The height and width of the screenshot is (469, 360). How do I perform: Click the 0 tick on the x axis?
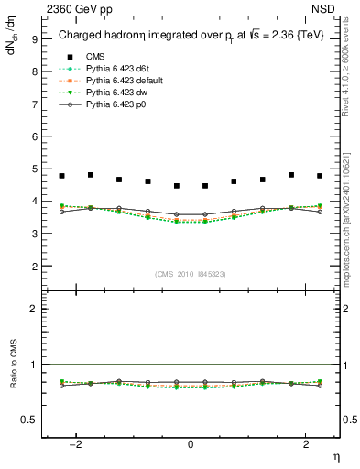tap(191, 443)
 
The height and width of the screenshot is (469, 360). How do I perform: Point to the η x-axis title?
tap(335, 455)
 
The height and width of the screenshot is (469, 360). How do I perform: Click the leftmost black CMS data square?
tap(62, 176)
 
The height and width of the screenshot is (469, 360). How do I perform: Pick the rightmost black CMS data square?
tap(320, 176)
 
